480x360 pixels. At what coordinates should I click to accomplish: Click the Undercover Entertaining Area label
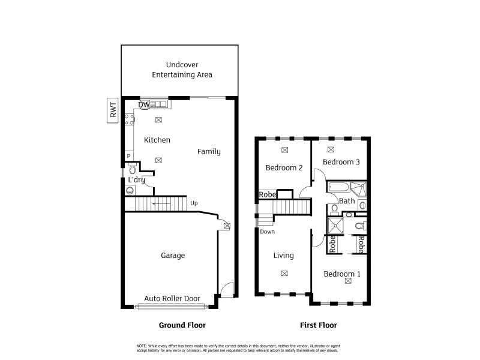pyautogui.click(x=181, y=70)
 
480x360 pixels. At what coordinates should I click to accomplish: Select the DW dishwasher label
pyautogui.click(x=143, y=105)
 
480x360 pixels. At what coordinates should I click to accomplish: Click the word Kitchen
pyautogui.click(x=157, y=140)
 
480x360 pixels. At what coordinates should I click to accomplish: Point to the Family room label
pyautogui.click(x=209, y=152)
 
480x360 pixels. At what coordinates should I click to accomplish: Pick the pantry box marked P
pyautogui.click(x=128, y=157)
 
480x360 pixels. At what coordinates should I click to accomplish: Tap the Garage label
pyautogui.click(x=172, y=255)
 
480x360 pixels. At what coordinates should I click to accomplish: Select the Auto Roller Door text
pyautogui.click(x=172, y=298)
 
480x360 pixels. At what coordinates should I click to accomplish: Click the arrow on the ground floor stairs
pyautogui.click(x=160, y=204)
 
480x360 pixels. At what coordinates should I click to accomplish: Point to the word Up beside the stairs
pyautogui.click(x=194, y=203)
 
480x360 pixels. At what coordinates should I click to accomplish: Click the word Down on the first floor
pyautogui.click(x=268, y=232)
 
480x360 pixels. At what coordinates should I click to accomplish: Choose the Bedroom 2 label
pyautogui.click(x=284, y=168)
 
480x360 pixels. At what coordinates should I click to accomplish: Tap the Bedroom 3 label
pyautogui.click(x=341, y=162)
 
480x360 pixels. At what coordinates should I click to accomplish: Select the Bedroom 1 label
pyautogui.click(x=342, y=274)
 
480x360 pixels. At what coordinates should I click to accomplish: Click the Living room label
pyautogui.click(x=283, y=256)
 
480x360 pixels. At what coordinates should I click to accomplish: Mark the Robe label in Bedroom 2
pyautogui.click(x=267, y=194)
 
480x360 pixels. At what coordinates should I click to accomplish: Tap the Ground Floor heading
pyautogui.click(x=182, y=325)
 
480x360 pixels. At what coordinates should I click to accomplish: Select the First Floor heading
pyautogui.click(x=318, y=325)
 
